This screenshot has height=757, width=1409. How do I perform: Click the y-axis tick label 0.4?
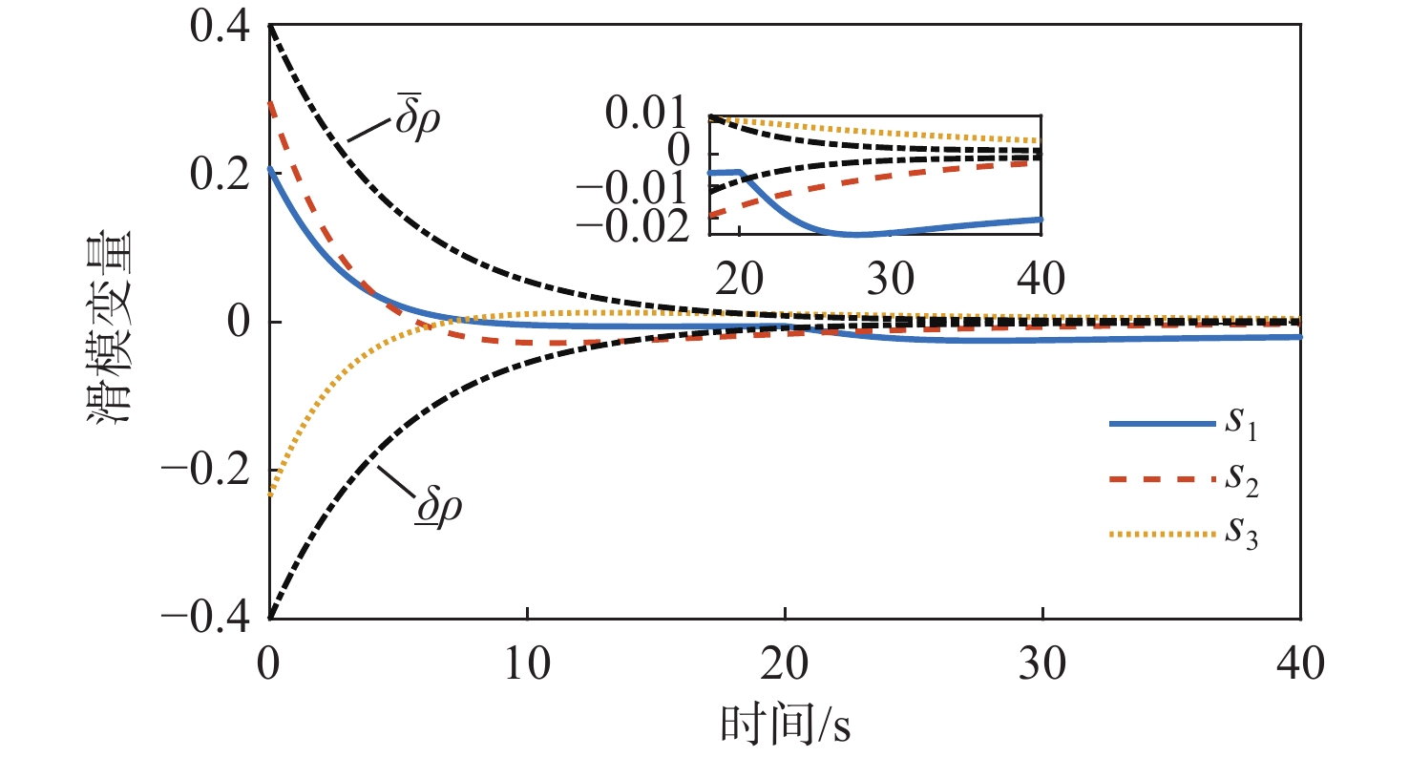click(217, 28)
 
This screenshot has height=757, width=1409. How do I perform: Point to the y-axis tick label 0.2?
click(217, 176)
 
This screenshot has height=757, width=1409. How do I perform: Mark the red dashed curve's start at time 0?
click(270, 101)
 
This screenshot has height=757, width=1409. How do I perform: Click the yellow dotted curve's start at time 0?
click(270, 494)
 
